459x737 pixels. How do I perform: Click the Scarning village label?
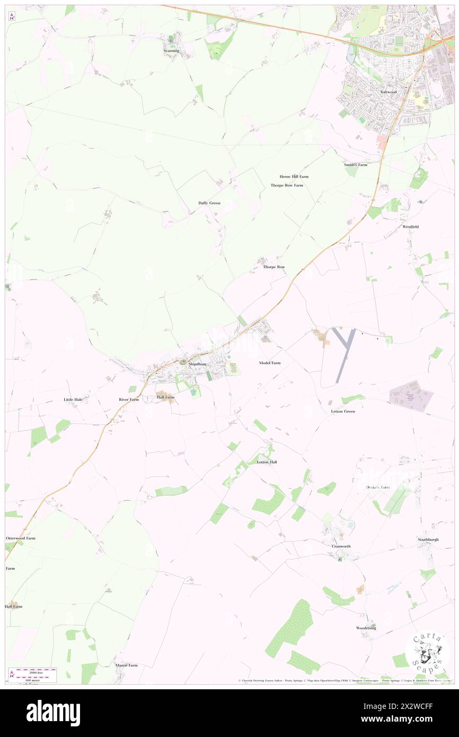pos(171,51)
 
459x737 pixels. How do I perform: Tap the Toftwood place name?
pos(388,92)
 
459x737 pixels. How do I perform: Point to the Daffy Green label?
pos(209,203)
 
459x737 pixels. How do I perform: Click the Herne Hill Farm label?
pos(294,177)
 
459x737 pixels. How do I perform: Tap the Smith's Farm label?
pos(355,165)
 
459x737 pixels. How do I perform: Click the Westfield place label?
pos(410,227)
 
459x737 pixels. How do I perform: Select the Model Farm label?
pos(270,363)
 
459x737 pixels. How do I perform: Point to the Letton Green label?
pos(342,411)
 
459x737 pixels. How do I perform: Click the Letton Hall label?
pos(267,462)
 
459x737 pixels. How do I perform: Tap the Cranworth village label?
pos(341,546)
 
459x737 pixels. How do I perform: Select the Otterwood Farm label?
pos(21,538)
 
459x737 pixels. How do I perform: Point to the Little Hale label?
pos(73,399)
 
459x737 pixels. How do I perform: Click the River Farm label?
pos(129,399)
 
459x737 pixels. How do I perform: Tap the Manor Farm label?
pos(126,665)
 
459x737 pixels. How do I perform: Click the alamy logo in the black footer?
pos(53,713)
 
